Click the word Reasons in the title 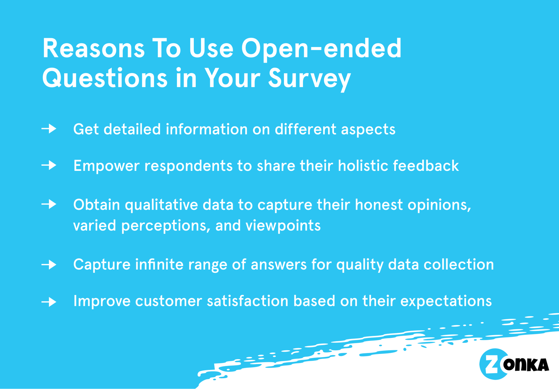(x=93, y=48)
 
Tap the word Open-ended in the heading (x=321, y=48)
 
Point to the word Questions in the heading (x=105, y=79)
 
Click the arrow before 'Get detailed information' (x=49, y=129)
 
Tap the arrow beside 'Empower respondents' (x=49, y=165)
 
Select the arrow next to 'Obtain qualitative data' (x=49, y=204)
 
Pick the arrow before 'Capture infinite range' (x=49, y=265)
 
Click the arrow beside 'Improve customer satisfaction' (x=49, y=301)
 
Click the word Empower (x=106, y=166)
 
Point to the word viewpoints (x=283, y=226)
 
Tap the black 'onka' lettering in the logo (x=526, y=364)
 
